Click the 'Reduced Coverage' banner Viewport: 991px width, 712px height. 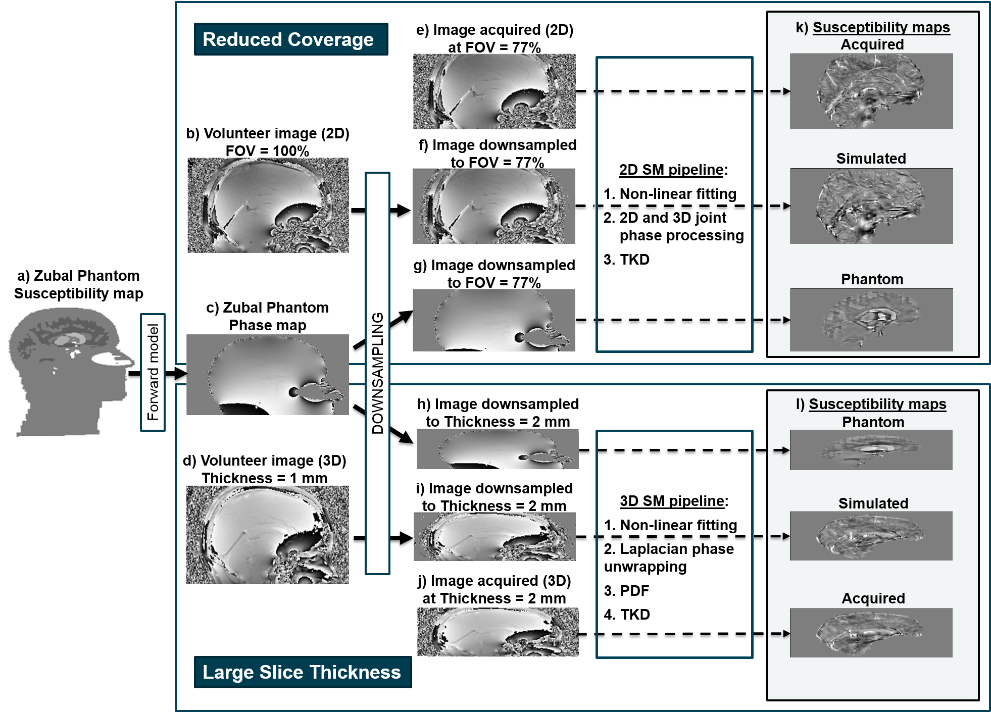coord(290,39)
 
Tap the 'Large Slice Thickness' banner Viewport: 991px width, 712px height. coord(302,672)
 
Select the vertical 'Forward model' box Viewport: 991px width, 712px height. coord(153,373)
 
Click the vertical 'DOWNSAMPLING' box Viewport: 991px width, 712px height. coord(377,373)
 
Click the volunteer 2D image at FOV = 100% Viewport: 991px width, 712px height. coord(268,206)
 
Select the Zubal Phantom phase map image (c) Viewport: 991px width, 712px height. coord(268,375)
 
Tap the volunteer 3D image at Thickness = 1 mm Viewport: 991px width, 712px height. coord(268,535)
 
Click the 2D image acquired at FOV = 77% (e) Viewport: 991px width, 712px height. coord(494,91)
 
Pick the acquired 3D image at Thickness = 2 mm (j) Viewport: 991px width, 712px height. coord(498,632)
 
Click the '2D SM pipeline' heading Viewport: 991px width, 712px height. coord(671,170)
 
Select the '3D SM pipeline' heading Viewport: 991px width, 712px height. coord(672,501)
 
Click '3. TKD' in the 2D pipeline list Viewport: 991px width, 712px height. coord(626,260)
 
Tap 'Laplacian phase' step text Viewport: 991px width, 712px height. coord(669,549)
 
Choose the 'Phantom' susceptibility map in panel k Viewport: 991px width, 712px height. coord(871,320)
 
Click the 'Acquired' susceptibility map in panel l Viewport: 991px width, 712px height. coord(871,633)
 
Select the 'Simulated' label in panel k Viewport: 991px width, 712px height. coord(871,159)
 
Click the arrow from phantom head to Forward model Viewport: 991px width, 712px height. coord(134,374)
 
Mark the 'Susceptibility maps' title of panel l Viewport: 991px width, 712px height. coord(877,404)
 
